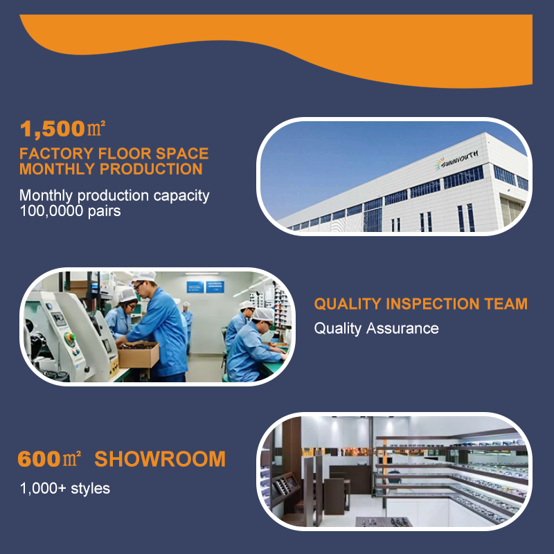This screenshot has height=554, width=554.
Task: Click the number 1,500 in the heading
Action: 53,128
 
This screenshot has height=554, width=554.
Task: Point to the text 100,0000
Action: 51,211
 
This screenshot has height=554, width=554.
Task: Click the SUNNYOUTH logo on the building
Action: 456,160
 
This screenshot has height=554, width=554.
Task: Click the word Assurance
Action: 402,328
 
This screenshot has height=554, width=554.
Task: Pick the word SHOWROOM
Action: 160,459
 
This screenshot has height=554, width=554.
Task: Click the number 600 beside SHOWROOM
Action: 39,459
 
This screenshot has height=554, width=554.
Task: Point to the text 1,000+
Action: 43,489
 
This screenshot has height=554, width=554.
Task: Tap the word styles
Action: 91,489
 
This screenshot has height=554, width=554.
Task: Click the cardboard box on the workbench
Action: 138,355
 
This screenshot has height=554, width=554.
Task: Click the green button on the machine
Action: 70,337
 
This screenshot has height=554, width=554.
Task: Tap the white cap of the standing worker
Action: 145,276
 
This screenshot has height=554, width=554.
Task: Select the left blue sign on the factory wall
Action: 195,287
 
